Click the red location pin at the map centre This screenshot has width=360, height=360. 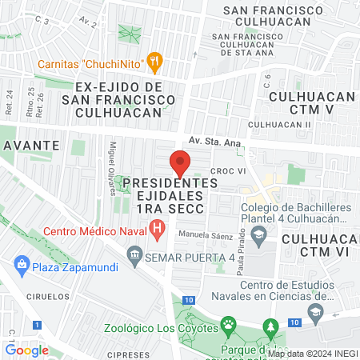point(180,166)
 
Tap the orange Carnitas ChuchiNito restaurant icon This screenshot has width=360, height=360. point(155,61)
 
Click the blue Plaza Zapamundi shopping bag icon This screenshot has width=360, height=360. point(20,263)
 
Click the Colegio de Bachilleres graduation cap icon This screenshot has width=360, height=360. point(258,234)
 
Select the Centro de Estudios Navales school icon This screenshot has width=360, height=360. point(315,310)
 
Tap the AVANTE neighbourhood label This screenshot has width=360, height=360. point(30,145)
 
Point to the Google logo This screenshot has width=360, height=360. point(27,350)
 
